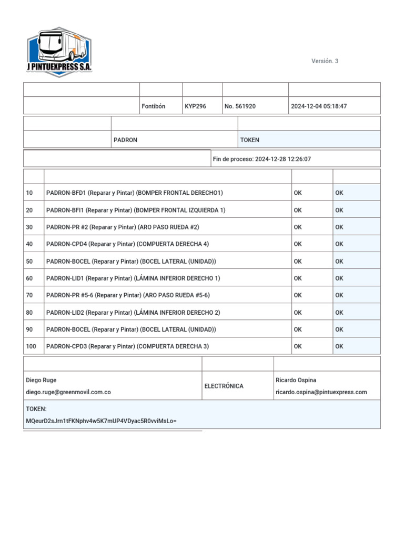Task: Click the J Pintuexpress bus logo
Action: (x=59, y=52)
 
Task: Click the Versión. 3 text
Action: (x=325, y=61)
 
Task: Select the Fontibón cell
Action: (x=154, y=106)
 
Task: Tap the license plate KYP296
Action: (x=195, y=106)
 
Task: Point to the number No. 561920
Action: (x=240, y=106)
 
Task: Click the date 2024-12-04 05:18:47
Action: (x=319, y=106)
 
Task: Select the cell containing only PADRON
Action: (x=126, y=140)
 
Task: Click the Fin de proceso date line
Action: (x=261, y=159)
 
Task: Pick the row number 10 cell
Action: (x=29, y=193)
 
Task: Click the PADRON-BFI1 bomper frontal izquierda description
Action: (x=136, y=210)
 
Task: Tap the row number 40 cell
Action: (x=29, y=244)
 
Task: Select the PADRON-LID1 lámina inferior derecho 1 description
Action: (x=133, y=278)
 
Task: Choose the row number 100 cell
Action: (x=31, y=346)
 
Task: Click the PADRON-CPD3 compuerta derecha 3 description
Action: (x=127, y=346)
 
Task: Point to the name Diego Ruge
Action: (x=41, y=380)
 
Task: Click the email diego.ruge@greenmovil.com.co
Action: (x=68, y=392)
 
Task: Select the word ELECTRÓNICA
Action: (x=224, y=386)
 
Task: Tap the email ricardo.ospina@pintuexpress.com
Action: (x=321, y=392)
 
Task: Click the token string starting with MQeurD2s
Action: (x=101, y=421)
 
